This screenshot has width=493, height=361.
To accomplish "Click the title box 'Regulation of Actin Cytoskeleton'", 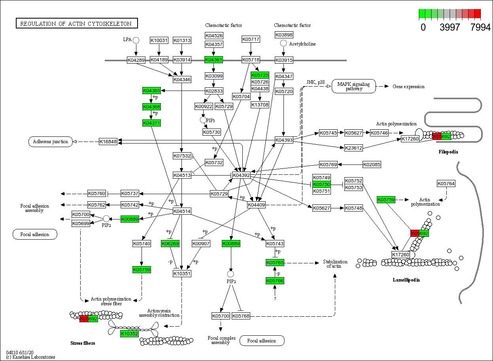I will [76, 24].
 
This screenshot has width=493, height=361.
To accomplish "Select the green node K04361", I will [213, 60].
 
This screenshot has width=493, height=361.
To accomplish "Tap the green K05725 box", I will [260, 75].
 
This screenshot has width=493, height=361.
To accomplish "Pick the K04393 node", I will [284, 140].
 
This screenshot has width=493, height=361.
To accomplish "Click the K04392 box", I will [241, 175].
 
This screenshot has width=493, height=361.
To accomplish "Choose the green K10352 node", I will [130, 334].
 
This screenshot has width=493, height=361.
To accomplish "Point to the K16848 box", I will [108, 141].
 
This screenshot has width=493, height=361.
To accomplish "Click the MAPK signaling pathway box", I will [353, 86].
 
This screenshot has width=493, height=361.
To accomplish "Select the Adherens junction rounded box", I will [51, 142].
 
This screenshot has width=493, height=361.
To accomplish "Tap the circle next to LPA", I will [136, 40].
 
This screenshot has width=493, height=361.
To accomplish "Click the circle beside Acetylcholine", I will [283, 43].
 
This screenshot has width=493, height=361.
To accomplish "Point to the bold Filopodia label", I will [448, 152].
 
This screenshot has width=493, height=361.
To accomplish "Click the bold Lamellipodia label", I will [406, 280].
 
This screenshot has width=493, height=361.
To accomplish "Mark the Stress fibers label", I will [83, 343].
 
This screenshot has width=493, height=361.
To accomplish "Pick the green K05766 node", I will [275, 281].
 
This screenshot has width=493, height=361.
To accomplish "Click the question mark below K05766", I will [275, 299].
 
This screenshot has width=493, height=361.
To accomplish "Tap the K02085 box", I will [372, 164].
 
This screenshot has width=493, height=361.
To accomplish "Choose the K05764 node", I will [446, 183].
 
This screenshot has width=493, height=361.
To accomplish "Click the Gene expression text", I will [408, 87].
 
